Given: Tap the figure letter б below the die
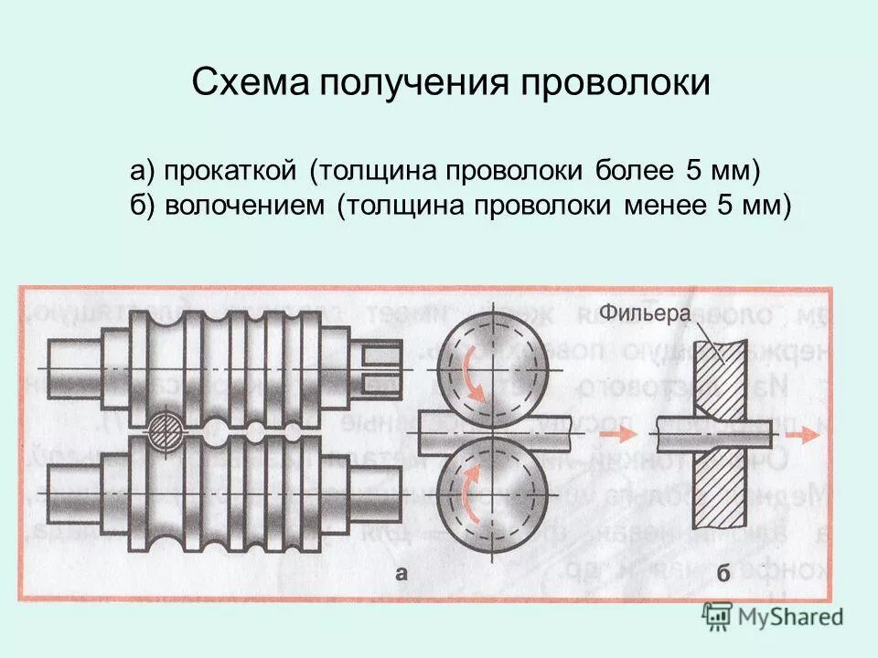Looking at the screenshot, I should (x=723, y=575).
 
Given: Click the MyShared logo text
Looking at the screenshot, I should (x=791, y=618).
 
